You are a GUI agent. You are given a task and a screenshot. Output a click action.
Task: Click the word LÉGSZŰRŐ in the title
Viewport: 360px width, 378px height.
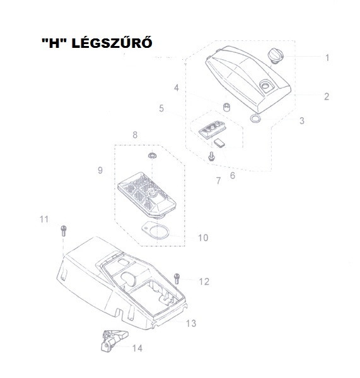point(112,43)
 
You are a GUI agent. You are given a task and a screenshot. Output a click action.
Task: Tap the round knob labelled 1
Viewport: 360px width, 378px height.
point(275,56)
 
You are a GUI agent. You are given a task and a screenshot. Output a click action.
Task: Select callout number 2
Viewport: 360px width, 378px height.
point(326,96)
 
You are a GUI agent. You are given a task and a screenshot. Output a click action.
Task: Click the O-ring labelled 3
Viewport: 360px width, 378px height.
point(256,118)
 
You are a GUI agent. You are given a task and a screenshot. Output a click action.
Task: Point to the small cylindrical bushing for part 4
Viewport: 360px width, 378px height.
point(226,107)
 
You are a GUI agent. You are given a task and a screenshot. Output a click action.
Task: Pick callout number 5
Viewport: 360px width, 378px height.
point(161,108)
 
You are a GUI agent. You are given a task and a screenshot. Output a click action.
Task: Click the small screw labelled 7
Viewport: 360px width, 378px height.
point(211,156)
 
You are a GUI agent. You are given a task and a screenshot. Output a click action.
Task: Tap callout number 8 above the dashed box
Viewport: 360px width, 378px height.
point(135,135)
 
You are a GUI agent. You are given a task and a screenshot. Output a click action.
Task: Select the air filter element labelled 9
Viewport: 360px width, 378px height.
point(146,194)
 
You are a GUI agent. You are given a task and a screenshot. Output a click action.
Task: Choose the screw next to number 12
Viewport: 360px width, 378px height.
point(177,278)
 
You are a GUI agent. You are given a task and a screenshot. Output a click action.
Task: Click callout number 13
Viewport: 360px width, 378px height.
point(191,323)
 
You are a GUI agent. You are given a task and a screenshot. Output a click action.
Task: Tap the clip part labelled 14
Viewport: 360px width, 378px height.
point(113,340)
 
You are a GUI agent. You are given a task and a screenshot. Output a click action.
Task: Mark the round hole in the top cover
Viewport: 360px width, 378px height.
point(265,85)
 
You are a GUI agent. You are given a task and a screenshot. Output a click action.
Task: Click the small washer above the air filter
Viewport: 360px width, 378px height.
point(153,156)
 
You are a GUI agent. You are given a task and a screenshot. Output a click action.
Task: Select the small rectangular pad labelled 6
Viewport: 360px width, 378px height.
point(219,142)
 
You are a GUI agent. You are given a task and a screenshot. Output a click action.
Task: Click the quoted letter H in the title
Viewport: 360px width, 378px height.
point(54,43)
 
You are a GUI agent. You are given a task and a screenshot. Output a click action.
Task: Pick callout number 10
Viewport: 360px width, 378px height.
point(203,238)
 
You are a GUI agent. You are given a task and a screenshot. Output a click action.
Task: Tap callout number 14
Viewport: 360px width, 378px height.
point(137,348)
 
